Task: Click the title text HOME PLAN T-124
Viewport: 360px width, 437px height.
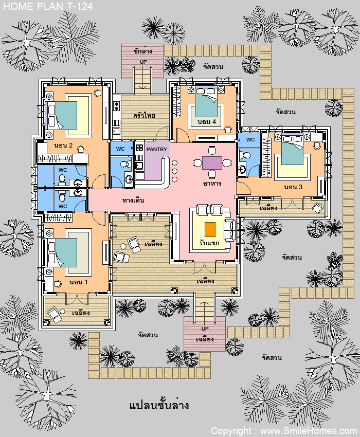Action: [x=48, y=6]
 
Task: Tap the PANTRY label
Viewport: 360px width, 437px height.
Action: [x=157, y=150]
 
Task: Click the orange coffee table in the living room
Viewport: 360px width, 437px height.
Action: [x=210, y=229]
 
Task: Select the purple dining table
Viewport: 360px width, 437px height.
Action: [x=212, y=163]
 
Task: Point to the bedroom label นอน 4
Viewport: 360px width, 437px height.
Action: [x=207, y=122]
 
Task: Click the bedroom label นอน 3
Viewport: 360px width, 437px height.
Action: [x=293, y=187]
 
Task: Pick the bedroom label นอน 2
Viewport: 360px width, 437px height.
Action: [x=63, y=145]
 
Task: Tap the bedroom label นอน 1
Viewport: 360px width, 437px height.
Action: [x=79, y=282]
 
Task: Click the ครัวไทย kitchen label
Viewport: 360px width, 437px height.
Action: [x=144, y=115]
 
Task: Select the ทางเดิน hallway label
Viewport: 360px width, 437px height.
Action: [x=133, y=200]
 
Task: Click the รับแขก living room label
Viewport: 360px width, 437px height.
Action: [x=209, y=243]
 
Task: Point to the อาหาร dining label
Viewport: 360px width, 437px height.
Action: [x=212, y=184]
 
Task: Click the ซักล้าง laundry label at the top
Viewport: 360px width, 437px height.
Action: [x=143, y=51]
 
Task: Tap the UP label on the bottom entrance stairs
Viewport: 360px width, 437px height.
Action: [x=205, y=329]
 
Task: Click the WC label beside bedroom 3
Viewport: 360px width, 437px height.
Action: [x=250, y=140]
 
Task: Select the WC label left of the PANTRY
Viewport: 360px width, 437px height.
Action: [x=120, y=149]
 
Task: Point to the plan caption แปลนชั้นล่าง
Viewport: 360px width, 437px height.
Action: [x=159, y=405]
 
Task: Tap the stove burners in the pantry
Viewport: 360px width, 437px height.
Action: [x=139, y=148]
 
